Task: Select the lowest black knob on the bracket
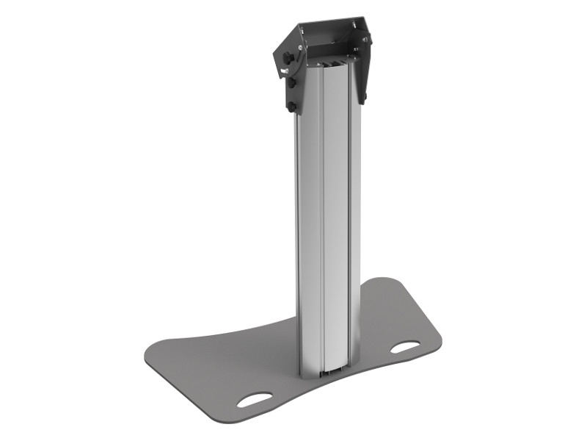click(293, 107)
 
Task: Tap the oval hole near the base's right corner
click(404, 346)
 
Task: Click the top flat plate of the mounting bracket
click(327, 28)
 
